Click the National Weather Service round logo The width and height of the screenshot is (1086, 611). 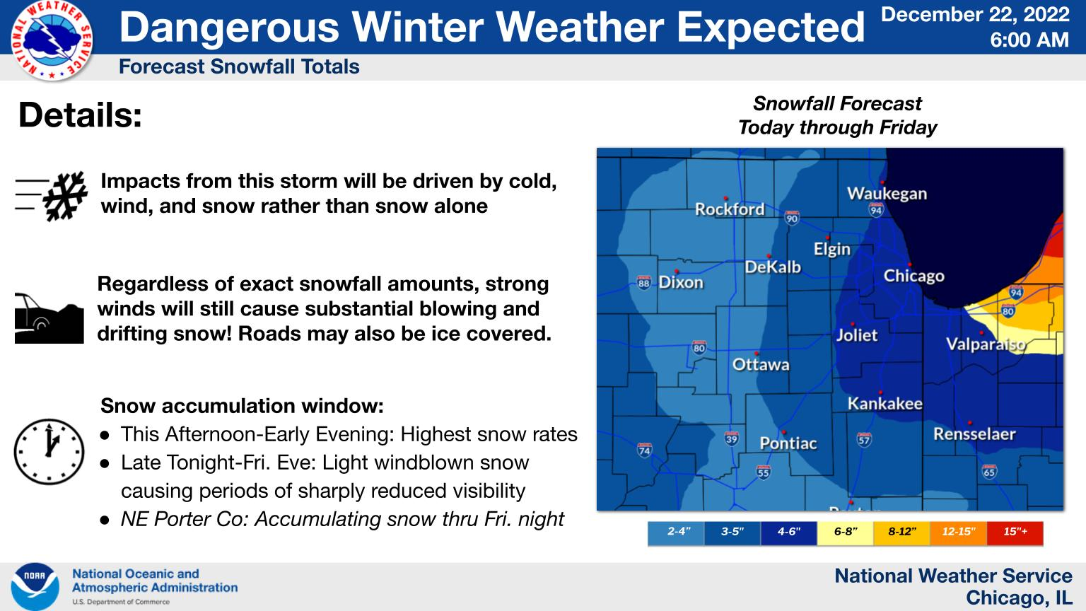(x=52, y=40)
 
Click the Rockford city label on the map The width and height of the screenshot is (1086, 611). (x=730, y=209)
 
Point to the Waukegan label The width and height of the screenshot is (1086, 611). (x=887, y=194)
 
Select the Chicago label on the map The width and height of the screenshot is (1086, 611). (x=914, y=276)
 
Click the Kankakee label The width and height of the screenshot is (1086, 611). (x=884, y=404)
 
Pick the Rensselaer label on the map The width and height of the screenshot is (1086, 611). (x=974, y=434)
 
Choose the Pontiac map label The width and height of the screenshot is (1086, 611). (x=788, y=443)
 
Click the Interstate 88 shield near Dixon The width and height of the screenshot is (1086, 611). (x=643, y=283)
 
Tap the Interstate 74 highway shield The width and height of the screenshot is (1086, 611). (x=644, y=450)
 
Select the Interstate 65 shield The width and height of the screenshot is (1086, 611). (x=990, y=472)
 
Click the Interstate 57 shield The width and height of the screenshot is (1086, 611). (x=864, y=439)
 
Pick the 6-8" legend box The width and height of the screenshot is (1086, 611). (x=845, y=533)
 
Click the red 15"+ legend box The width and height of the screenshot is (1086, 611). (x=1015, y=533)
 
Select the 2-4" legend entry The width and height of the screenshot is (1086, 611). (x=676, y=533)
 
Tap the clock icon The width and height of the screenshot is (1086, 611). (x=49, y=451)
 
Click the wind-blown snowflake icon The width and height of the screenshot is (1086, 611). (x=52, y=197)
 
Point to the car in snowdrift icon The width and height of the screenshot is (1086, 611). (x=49, y=318)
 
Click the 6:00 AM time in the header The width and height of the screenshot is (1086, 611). (x=1029, y=40)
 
